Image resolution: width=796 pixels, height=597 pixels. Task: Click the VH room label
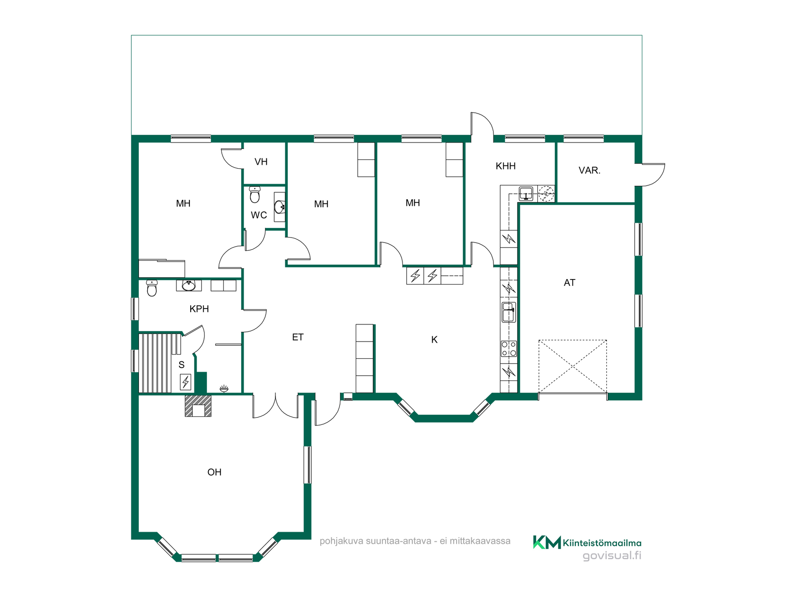pos(261,162)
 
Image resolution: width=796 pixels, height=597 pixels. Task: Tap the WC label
pos(259,215)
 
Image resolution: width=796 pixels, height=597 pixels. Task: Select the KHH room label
pos(505,166)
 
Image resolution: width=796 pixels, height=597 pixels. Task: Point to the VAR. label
pos(589,170)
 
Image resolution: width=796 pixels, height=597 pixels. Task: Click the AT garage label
pos(569,283)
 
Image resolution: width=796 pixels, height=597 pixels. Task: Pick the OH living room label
pos(214,472)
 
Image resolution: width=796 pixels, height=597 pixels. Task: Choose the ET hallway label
pos(298,337)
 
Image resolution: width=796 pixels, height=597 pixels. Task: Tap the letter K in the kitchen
pos(434,340)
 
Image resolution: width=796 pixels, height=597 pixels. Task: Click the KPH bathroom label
pos(199,309)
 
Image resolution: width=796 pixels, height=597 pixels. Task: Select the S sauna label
pos(181,365)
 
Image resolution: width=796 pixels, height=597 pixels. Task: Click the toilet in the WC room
pos(255,194)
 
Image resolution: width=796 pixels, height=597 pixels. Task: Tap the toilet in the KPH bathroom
pos(152,288)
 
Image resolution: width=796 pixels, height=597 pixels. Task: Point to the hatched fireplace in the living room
pos(198,406)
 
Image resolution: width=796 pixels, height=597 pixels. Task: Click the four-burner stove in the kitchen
pos(509,349)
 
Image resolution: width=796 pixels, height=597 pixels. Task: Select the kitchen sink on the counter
pos(509,312)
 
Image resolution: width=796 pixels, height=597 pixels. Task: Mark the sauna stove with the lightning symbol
pos(185,382)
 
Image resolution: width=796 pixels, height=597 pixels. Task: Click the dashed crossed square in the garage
pos(573,366)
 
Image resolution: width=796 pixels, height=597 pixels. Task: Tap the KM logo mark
pos(547,542)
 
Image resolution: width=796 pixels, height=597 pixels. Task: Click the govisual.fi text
pos(612,556)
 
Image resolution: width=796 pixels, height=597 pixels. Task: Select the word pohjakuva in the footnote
pos(341,541)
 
